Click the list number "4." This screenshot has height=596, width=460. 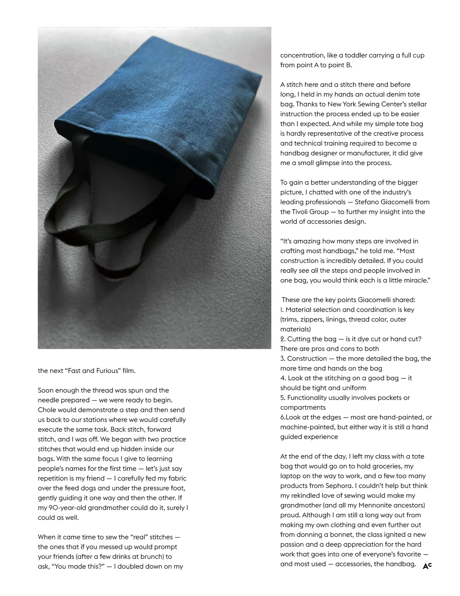click(283, 378)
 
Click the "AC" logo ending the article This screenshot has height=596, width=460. click(427, 566)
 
